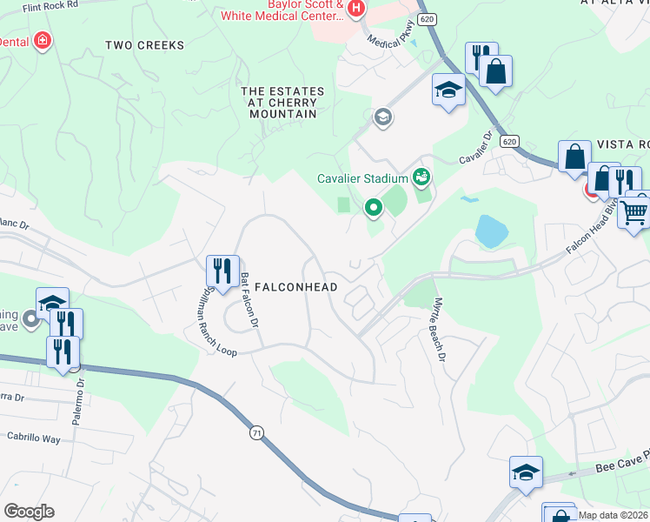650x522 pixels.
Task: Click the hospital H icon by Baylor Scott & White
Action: [355, 9]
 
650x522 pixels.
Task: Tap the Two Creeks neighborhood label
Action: [144, 44]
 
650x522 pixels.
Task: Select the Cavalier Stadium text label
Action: [361, 178]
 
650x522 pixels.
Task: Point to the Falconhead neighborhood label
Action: [295, 286]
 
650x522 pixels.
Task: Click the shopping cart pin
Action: [635, 210]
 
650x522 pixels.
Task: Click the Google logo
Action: [29, 511]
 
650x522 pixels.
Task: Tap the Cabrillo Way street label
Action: [34, 438]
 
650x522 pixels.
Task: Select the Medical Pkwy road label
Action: [388, 40]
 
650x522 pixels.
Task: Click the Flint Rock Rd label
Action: [50, 4]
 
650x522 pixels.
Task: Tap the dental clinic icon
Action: [41, 41]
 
